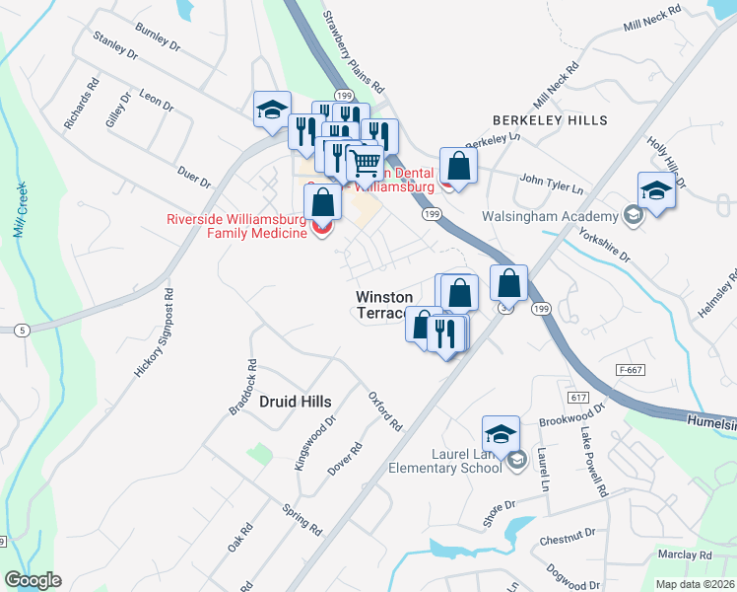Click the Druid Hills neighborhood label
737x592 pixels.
[295, 401]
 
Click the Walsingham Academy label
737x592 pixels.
[549, 216]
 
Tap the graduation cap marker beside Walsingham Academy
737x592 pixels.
[657, 191]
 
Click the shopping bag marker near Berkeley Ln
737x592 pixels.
[458, 165]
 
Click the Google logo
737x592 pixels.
[33, 580]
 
